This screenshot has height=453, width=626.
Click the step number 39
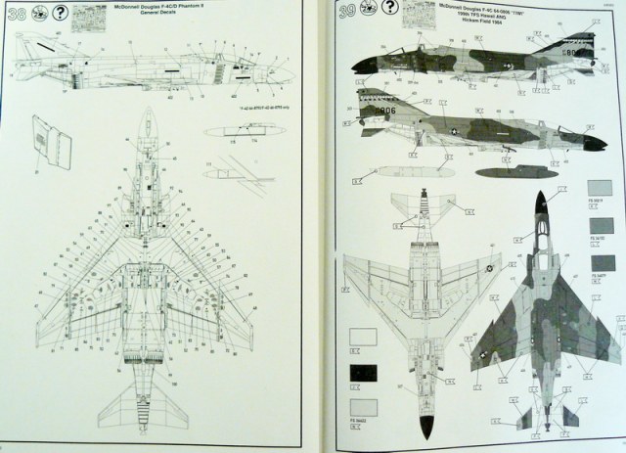346,17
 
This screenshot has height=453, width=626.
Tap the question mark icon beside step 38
64,16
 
